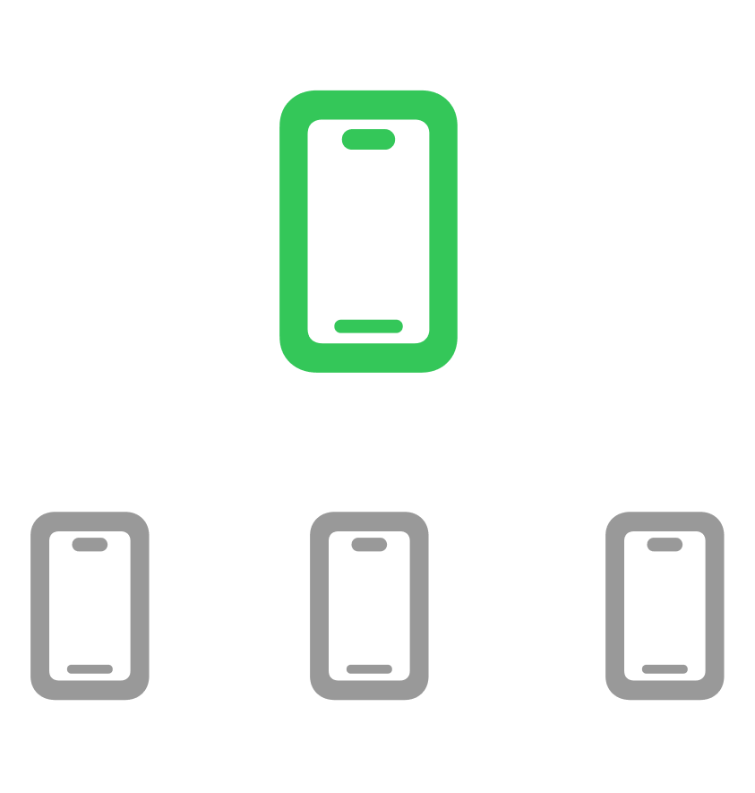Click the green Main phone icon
368,231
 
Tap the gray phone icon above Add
90,606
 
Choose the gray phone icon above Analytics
369,606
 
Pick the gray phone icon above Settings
665,606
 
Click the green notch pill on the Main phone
368,139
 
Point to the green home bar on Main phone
368,326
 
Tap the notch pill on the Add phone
90,544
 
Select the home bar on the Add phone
90,669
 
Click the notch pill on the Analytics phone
369,544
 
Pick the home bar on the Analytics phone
369,669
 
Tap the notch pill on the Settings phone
665,544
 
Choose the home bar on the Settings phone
665,669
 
